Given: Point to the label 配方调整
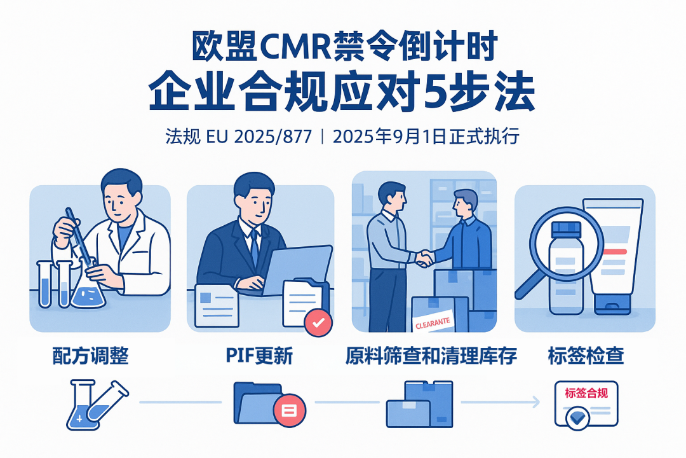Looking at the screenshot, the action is pos(90,356).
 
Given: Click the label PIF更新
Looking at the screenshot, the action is pos(259,356).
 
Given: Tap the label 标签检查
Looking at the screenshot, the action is pos(585,356).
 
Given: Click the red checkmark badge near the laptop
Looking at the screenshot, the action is pos(318,323).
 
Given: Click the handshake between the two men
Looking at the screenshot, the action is pos(424,258).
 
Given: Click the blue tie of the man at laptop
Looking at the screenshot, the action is pos(254,248).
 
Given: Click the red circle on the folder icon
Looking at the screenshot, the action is pos(290,409).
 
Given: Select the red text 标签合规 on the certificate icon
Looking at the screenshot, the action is pos(586,393).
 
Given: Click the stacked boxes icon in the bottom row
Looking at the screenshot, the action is pos(419,405).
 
